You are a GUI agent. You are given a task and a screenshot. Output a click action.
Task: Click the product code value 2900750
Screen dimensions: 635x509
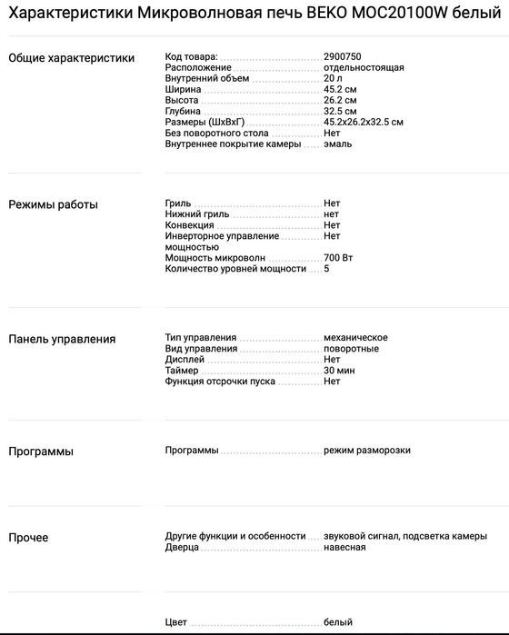point(342,56)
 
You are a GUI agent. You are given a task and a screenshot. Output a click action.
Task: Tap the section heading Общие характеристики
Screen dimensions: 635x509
point(71,58)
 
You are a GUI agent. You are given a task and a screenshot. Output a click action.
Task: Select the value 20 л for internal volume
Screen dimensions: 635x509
point(333,78)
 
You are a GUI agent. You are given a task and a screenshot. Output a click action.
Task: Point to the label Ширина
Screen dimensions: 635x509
point(183,89)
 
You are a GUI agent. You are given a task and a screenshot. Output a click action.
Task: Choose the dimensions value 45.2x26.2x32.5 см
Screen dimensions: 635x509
point(363,122)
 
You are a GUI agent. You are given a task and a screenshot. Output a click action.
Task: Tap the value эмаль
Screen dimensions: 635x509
point(337,144)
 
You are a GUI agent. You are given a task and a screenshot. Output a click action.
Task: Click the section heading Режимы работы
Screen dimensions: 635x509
point(53,204)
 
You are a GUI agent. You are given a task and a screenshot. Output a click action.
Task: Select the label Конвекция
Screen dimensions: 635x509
point(189,224)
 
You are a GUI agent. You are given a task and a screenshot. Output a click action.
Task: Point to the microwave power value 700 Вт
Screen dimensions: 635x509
point(338,258)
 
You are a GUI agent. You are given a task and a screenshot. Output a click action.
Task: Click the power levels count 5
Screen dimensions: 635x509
point(326,269)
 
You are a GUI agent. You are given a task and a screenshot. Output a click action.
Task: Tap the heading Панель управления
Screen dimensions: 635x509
point(62,339)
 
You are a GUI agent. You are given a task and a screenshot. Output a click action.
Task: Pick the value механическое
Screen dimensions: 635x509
point(355,337)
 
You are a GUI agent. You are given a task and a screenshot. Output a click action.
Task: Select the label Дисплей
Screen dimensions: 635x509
point(185,360)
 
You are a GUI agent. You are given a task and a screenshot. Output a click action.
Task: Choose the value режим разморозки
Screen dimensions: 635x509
point(366,451)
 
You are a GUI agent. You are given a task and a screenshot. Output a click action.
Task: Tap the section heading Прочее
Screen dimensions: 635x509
point(28,538)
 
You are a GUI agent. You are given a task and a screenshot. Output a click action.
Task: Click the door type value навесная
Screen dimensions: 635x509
point(344,547)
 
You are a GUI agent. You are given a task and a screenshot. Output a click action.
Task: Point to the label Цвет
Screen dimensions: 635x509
point(176,622)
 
